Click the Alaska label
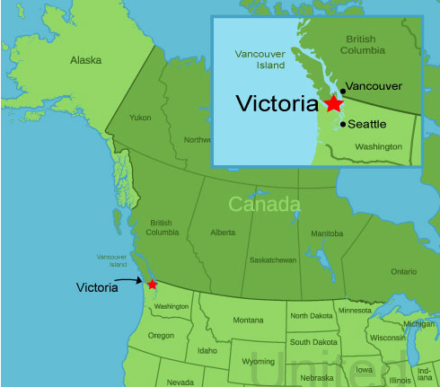click(86, 60)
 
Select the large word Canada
click(263, 205)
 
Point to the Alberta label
click(223, 232)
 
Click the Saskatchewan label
click(275, 259)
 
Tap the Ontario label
click(404, 271)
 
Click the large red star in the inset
click(334, 103)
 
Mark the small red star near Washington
click(153, 285)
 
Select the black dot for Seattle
click(343, 124)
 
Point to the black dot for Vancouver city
click(343, 91)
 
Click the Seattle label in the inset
click(367, 124)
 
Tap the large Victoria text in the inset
click(277, 103)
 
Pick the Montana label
click(248, 320)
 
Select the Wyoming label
click(259, 361)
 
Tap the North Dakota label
click(310, 315)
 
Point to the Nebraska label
click(316, 377)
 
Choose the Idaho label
click(207, 350)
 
